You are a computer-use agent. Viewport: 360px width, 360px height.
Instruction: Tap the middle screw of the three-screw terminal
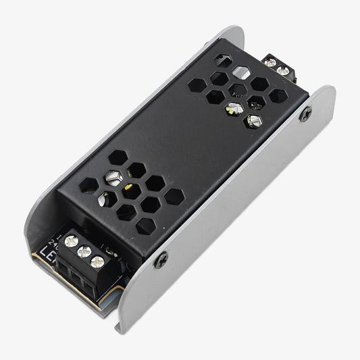coord(84,251)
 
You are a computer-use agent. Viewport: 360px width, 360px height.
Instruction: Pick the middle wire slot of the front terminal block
coord(77,277)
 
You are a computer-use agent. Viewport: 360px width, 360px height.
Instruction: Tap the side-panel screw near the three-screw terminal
coord(161,259)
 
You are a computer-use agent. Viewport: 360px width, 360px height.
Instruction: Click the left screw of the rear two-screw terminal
coord(270,62)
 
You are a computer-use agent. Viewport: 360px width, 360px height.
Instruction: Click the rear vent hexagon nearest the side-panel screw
coord(277,97)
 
